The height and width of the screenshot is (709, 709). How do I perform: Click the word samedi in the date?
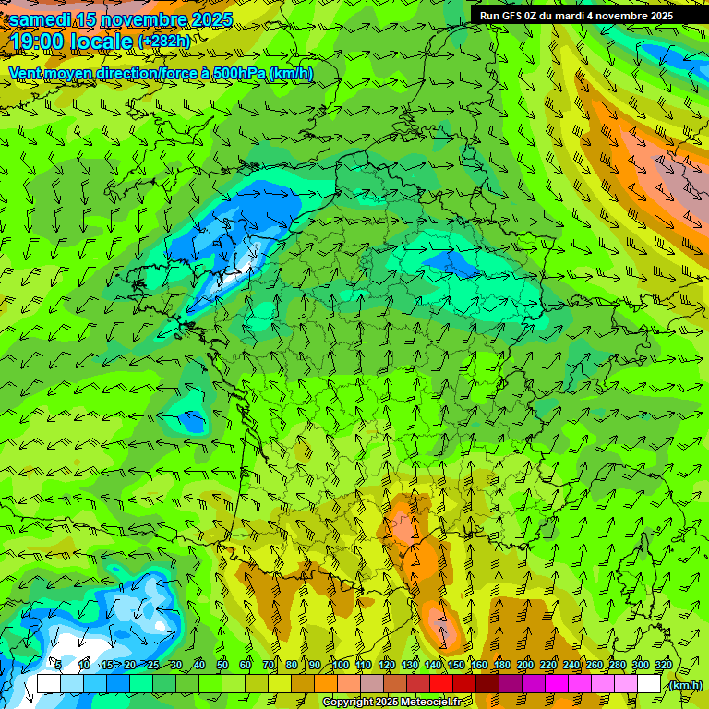pos(41,19)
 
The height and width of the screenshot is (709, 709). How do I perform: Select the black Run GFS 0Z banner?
pos(575,15)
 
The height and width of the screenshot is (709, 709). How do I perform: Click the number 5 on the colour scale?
pos(58,665)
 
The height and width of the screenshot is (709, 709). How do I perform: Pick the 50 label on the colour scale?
pos(222,665)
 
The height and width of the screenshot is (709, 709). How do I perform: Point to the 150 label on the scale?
pos(455,665)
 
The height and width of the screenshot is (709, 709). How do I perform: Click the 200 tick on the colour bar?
pos(525,665)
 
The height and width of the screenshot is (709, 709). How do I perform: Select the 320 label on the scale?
pos(664,665)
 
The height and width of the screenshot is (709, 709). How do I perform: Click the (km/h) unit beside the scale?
pos(686,685)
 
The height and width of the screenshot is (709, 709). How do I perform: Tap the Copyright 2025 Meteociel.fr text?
pos(392,703)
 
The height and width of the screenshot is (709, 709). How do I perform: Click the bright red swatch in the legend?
pos(441,684)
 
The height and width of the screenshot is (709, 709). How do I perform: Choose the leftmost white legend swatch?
pos(48,684)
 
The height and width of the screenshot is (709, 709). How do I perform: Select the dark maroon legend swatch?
pos(487,684)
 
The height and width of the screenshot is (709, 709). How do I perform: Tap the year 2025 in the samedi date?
pos(205,19)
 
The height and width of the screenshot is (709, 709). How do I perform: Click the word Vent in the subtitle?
pos(25,73)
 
